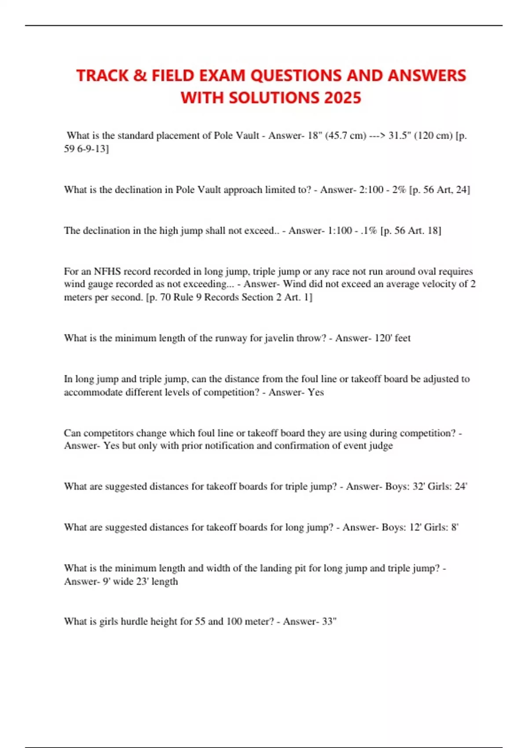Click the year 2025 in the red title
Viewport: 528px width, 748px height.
[x=342, y=98]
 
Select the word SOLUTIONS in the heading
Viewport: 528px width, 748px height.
[x=275, y=98]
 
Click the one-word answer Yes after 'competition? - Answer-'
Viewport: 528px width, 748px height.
[x=315, y=392]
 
